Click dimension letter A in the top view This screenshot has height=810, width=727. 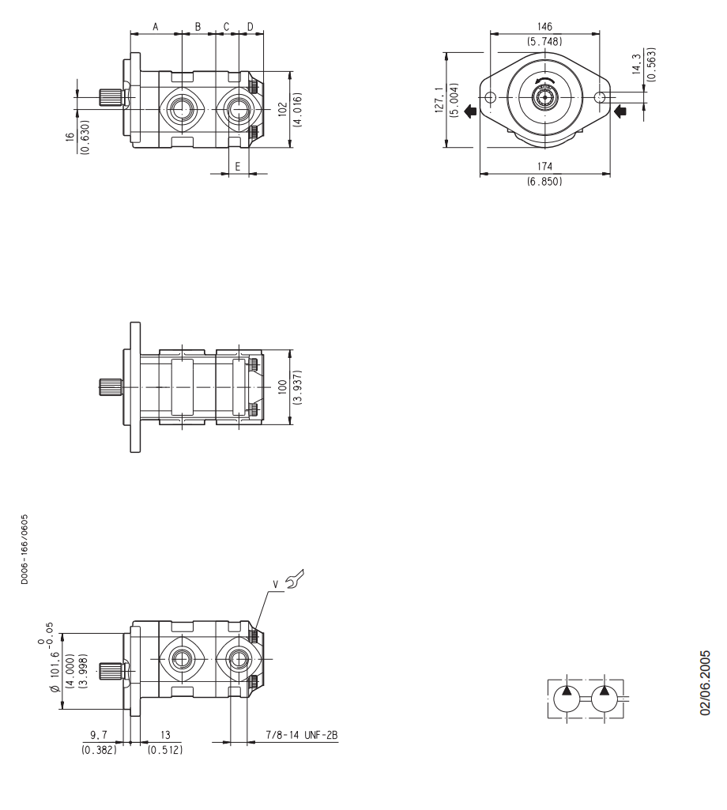(156, 27)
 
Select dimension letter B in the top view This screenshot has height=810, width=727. (198, 27)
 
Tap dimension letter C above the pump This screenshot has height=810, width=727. (226, 27)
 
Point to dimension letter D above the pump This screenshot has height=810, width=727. (250, 27)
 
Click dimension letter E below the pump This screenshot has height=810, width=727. (238, 166)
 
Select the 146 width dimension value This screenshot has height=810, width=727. (544, 26)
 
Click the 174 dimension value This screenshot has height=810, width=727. (544, 166)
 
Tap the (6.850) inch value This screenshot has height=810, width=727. (544, 181)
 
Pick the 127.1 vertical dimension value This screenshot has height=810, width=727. (439, 100)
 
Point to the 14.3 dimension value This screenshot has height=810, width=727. (636, 64)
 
